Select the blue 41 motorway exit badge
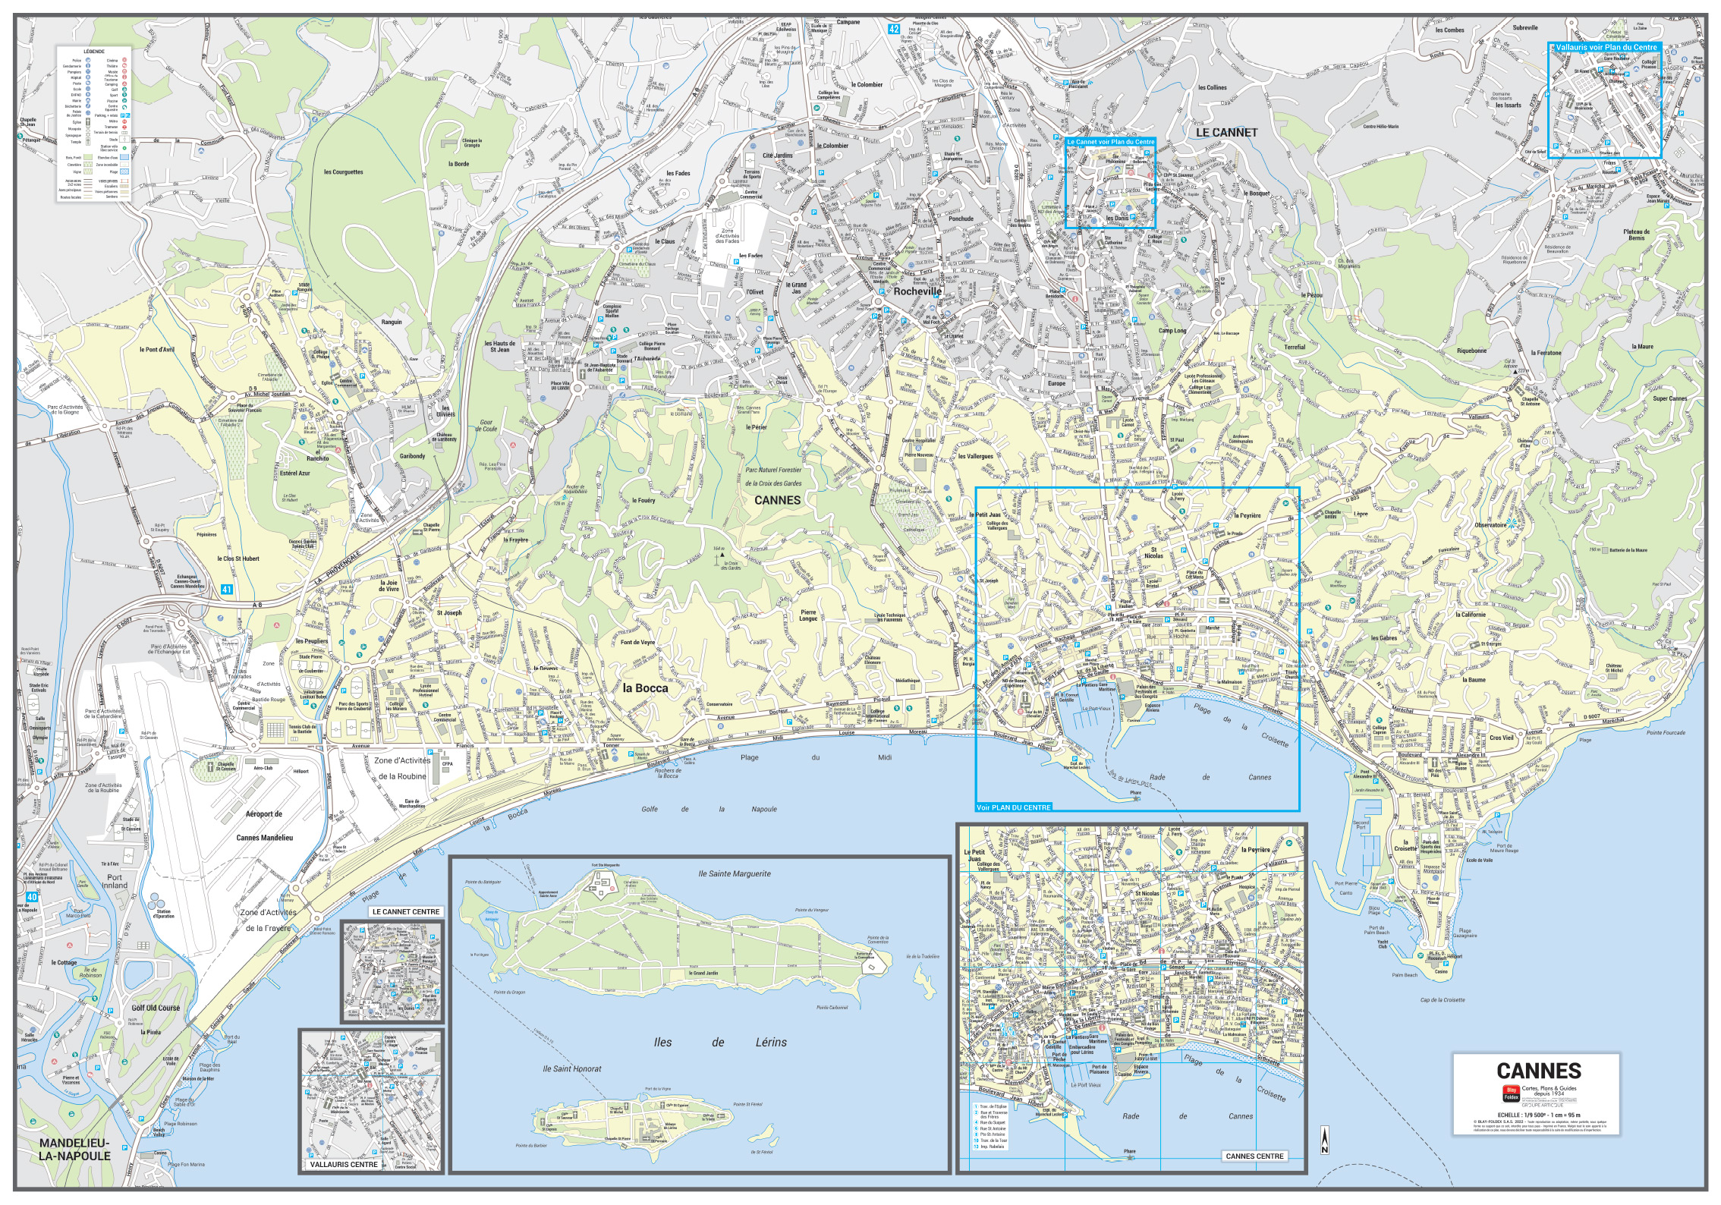[x=227, y=590]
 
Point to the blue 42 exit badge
[x=894, y=30]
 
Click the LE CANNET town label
[x=1226, y=132]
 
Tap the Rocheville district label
[x=917, y=291]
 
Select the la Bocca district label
[x=645, y=688]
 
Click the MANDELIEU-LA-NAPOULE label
[x=74, y=1149]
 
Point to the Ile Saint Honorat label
[x=571, y=1068]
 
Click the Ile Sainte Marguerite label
[x=734, y=873]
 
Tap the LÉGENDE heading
[x=94, y=51]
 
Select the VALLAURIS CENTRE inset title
[x=343, y=1164]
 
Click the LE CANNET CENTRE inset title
[x=405, y=911]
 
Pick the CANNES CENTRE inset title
[x=1254, y=1156]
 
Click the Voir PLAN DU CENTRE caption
[x=1014, y=807]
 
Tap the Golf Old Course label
[x=156, y=1008]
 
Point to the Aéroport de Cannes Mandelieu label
[x=264, y=825]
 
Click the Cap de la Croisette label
[x=1442, y=1000]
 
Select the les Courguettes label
[x=343, y=172]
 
